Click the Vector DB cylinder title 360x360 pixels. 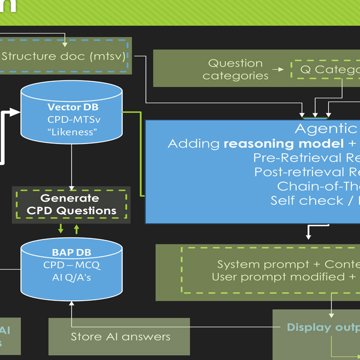pyautogui.click(x=73, y=107)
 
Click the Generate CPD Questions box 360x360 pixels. pyautogui.click(x=71, y=204)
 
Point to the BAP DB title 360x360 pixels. pyautogui.click(x=71, y=253)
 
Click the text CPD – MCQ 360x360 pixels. pyautogui.click(x=71, y=265)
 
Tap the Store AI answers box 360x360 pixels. pyautogui.click(x=120, y=337)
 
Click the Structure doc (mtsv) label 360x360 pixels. pyautogui.click(x=63, y=56)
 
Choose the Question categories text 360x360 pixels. pyautogui.click(x=235, y=69)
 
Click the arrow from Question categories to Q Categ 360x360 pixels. pyautogui.click(x=278, y=69)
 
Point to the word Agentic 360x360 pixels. pyautogui.click(x=326, y=129)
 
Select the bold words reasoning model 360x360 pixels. pyautogui.click(x=276, y=143)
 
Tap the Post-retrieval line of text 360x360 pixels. pyautogui.click(x=307, y=172)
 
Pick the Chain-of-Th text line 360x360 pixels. pyautogui.click(x=318, y=186)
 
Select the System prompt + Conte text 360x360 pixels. pyautogui.click(x=288, y=265)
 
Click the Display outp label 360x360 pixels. pyautogui.click(x=323, y=327)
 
